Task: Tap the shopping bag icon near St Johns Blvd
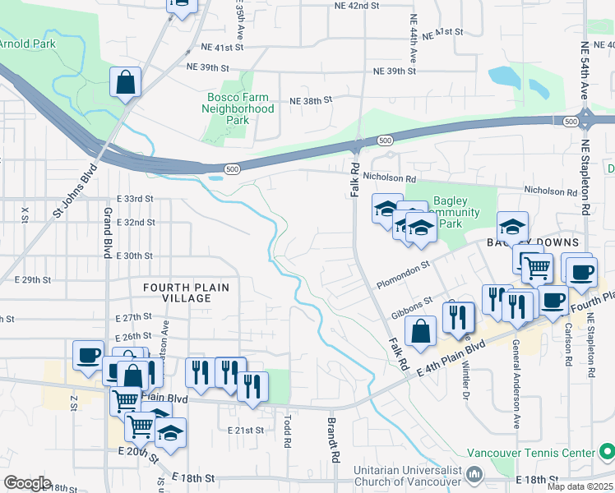point(126,82)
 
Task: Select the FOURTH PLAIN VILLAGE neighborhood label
point(186,293)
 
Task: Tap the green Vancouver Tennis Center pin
point(606,452)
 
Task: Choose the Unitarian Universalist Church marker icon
point(474,474)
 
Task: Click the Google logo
point(27,483)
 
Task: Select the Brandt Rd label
point(334,440)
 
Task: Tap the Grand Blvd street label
point(108,233)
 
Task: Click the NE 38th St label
point(310,100)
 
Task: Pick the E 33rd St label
point(136,199)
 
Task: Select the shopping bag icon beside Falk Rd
point(420,332)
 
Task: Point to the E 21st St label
point(246,430)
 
